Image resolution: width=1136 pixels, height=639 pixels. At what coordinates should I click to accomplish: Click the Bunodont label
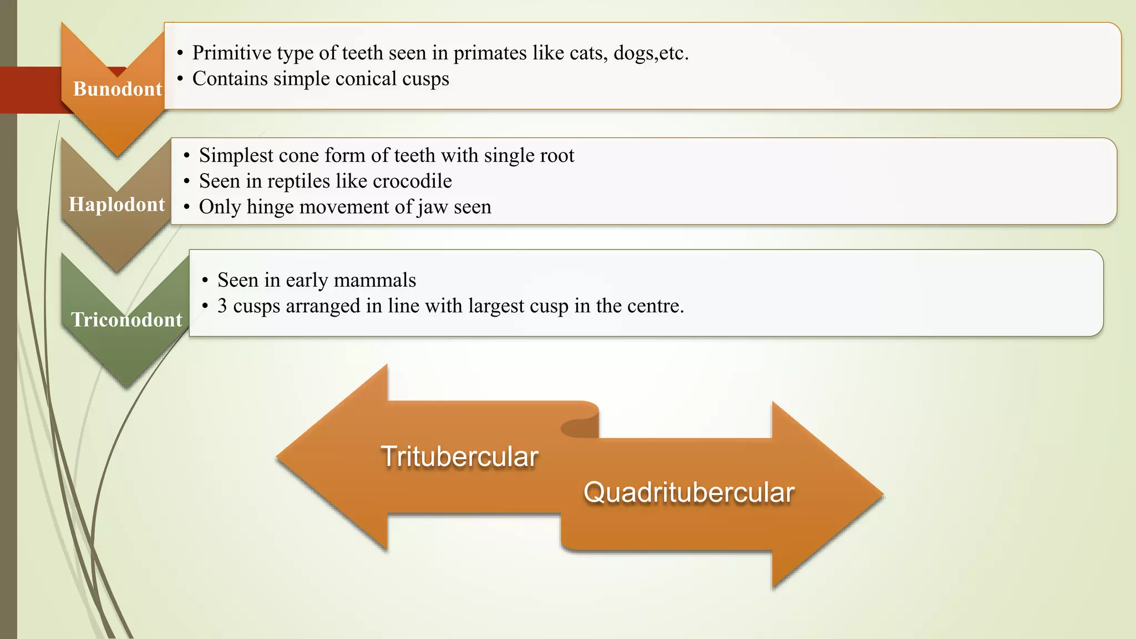[118, 89]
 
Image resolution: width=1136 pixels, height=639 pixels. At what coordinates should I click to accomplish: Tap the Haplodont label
[117, 204]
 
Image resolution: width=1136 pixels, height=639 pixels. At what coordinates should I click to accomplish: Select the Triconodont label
[126, 319]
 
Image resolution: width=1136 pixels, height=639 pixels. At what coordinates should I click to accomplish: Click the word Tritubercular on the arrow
[459, 457]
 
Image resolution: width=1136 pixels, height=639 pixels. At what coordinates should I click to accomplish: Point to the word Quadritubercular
[689, 493]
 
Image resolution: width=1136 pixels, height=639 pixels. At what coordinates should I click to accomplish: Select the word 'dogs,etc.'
[651, 53]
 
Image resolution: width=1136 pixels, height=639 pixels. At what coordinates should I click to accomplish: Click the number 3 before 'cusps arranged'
[222, 306]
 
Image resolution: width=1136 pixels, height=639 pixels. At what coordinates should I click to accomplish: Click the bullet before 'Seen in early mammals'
[205, 281]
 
